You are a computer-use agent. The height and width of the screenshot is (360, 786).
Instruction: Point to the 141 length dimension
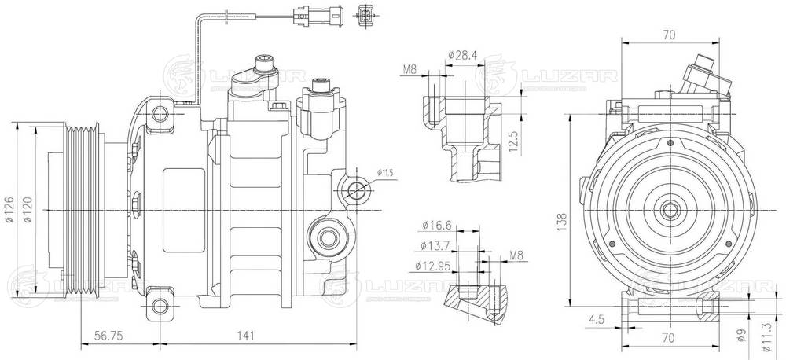tap(246, 336)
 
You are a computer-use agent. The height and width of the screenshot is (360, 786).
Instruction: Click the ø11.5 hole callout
tap(384, 171)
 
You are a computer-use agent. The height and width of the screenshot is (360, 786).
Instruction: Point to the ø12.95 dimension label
tap(432, 266)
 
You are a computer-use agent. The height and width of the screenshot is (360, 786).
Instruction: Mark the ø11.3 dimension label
tap(765, 339)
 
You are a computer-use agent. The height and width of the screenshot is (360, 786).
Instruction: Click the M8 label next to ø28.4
tap(409, 70)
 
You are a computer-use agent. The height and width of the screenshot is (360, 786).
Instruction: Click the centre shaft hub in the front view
tap(670, 211)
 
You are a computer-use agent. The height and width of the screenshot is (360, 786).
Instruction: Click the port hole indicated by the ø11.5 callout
tap(357, 189)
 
